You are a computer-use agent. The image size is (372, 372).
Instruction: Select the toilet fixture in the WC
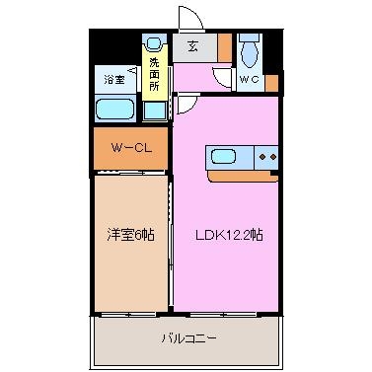tap(250, 50)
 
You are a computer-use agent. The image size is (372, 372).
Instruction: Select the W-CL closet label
tap(130, 150)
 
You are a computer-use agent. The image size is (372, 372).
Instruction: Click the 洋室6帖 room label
tap(130, 234)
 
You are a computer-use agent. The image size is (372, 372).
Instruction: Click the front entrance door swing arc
tap(187, 20)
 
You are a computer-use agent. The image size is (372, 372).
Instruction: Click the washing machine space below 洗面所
tap(155, 108)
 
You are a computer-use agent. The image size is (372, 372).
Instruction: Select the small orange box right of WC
tap(272, 82)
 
